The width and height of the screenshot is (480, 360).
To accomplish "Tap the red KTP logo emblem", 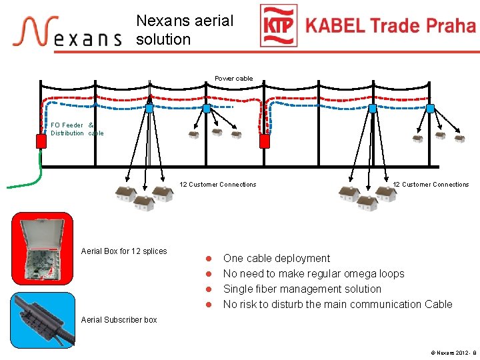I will pyautogui.click(x=278, y=26).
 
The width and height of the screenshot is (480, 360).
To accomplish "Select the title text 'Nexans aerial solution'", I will pyautogui.click(x=185, y=30).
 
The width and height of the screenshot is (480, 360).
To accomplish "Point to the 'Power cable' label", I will pyautogui.click(x=234, y=79).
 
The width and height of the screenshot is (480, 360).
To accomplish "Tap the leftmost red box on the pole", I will pyautogui.click(x=41, y=141).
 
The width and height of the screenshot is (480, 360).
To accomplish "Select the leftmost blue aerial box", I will pyautogui.click(x=149, y=108).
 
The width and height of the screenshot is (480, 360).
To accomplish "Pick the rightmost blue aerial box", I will pyautogui.click(x=430, y=108).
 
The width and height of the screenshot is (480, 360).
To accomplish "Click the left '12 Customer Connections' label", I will pyautogui.click(x=218, y=185).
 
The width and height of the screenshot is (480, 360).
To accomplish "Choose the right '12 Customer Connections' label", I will pyautogui.click(x=431, y=185).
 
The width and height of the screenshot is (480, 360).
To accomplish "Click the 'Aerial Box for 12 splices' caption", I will pyautogui.click(x=124, y=251).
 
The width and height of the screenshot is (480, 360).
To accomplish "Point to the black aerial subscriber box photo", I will pyautogui.click(x=42, y=320).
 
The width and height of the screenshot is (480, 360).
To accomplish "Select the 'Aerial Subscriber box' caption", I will pyautogui.click(x=119, y=320).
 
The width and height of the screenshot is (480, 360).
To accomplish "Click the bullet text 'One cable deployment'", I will pyautogui.click(x=277, y=259).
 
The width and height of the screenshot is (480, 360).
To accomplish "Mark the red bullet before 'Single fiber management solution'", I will pyautogui.click(x=208, y=289).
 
